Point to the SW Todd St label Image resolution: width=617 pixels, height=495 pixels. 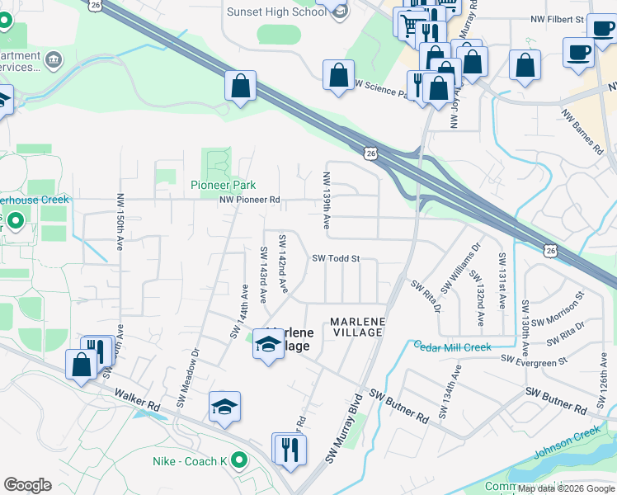coord(336,258)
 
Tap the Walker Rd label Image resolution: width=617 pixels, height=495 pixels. coord(137,402)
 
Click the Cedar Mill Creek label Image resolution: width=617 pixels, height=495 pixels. coord(452,348)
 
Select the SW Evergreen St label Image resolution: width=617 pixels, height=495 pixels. coord(535,361)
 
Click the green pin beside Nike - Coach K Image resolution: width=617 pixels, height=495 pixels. coord(239,460)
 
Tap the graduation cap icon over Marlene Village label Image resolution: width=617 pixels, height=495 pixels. coord(268,344)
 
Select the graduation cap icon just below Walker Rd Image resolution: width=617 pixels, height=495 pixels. coord(224,408)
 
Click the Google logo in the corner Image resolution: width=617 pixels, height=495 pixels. coord(27,485)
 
